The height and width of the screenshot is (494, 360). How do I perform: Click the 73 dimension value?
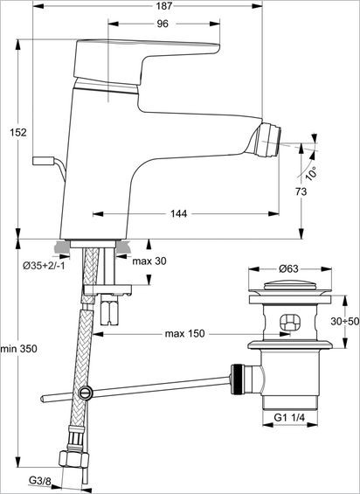(301, 191)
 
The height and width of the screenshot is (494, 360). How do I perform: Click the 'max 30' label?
(149, 260)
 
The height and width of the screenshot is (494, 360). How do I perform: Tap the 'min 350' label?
(17, 349)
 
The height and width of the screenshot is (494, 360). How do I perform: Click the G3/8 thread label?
(40, 481)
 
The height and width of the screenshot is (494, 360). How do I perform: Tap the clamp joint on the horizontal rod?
(85, 393)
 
